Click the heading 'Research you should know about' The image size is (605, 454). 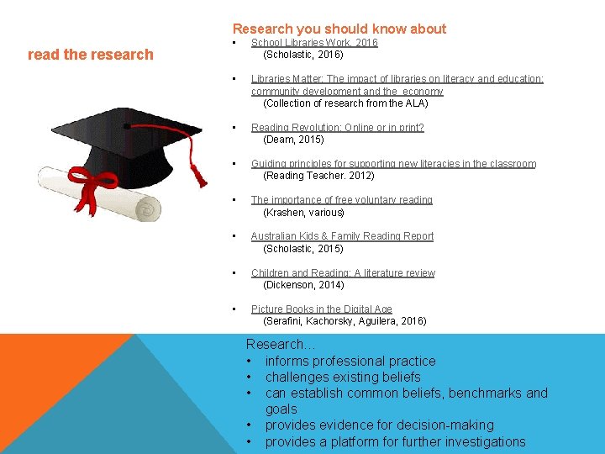click(339, 29)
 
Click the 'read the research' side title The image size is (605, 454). click(91, 55)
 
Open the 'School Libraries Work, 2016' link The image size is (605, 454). click(314, 42)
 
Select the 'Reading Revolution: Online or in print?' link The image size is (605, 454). click(337, 128)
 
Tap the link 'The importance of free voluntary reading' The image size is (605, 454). click(341, 200)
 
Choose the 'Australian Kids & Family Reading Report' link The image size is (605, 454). click(342, 236)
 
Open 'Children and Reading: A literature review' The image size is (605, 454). click(343, 273)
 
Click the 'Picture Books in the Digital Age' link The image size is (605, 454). click(321, 309)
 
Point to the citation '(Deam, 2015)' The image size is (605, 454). click(294, 140)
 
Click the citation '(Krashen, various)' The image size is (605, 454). click(304, 213)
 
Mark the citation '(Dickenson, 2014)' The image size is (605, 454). click(303, 285)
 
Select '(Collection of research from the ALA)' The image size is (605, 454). click(345, 103)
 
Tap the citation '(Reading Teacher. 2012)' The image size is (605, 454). click(318, 176)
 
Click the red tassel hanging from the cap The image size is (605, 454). click(199, 172)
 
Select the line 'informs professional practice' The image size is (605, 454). click(350, 361)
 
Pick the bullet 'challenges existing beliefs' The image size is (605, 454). click(342, 377)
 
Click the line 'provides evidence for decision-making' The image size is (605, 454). click(379, 425)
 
